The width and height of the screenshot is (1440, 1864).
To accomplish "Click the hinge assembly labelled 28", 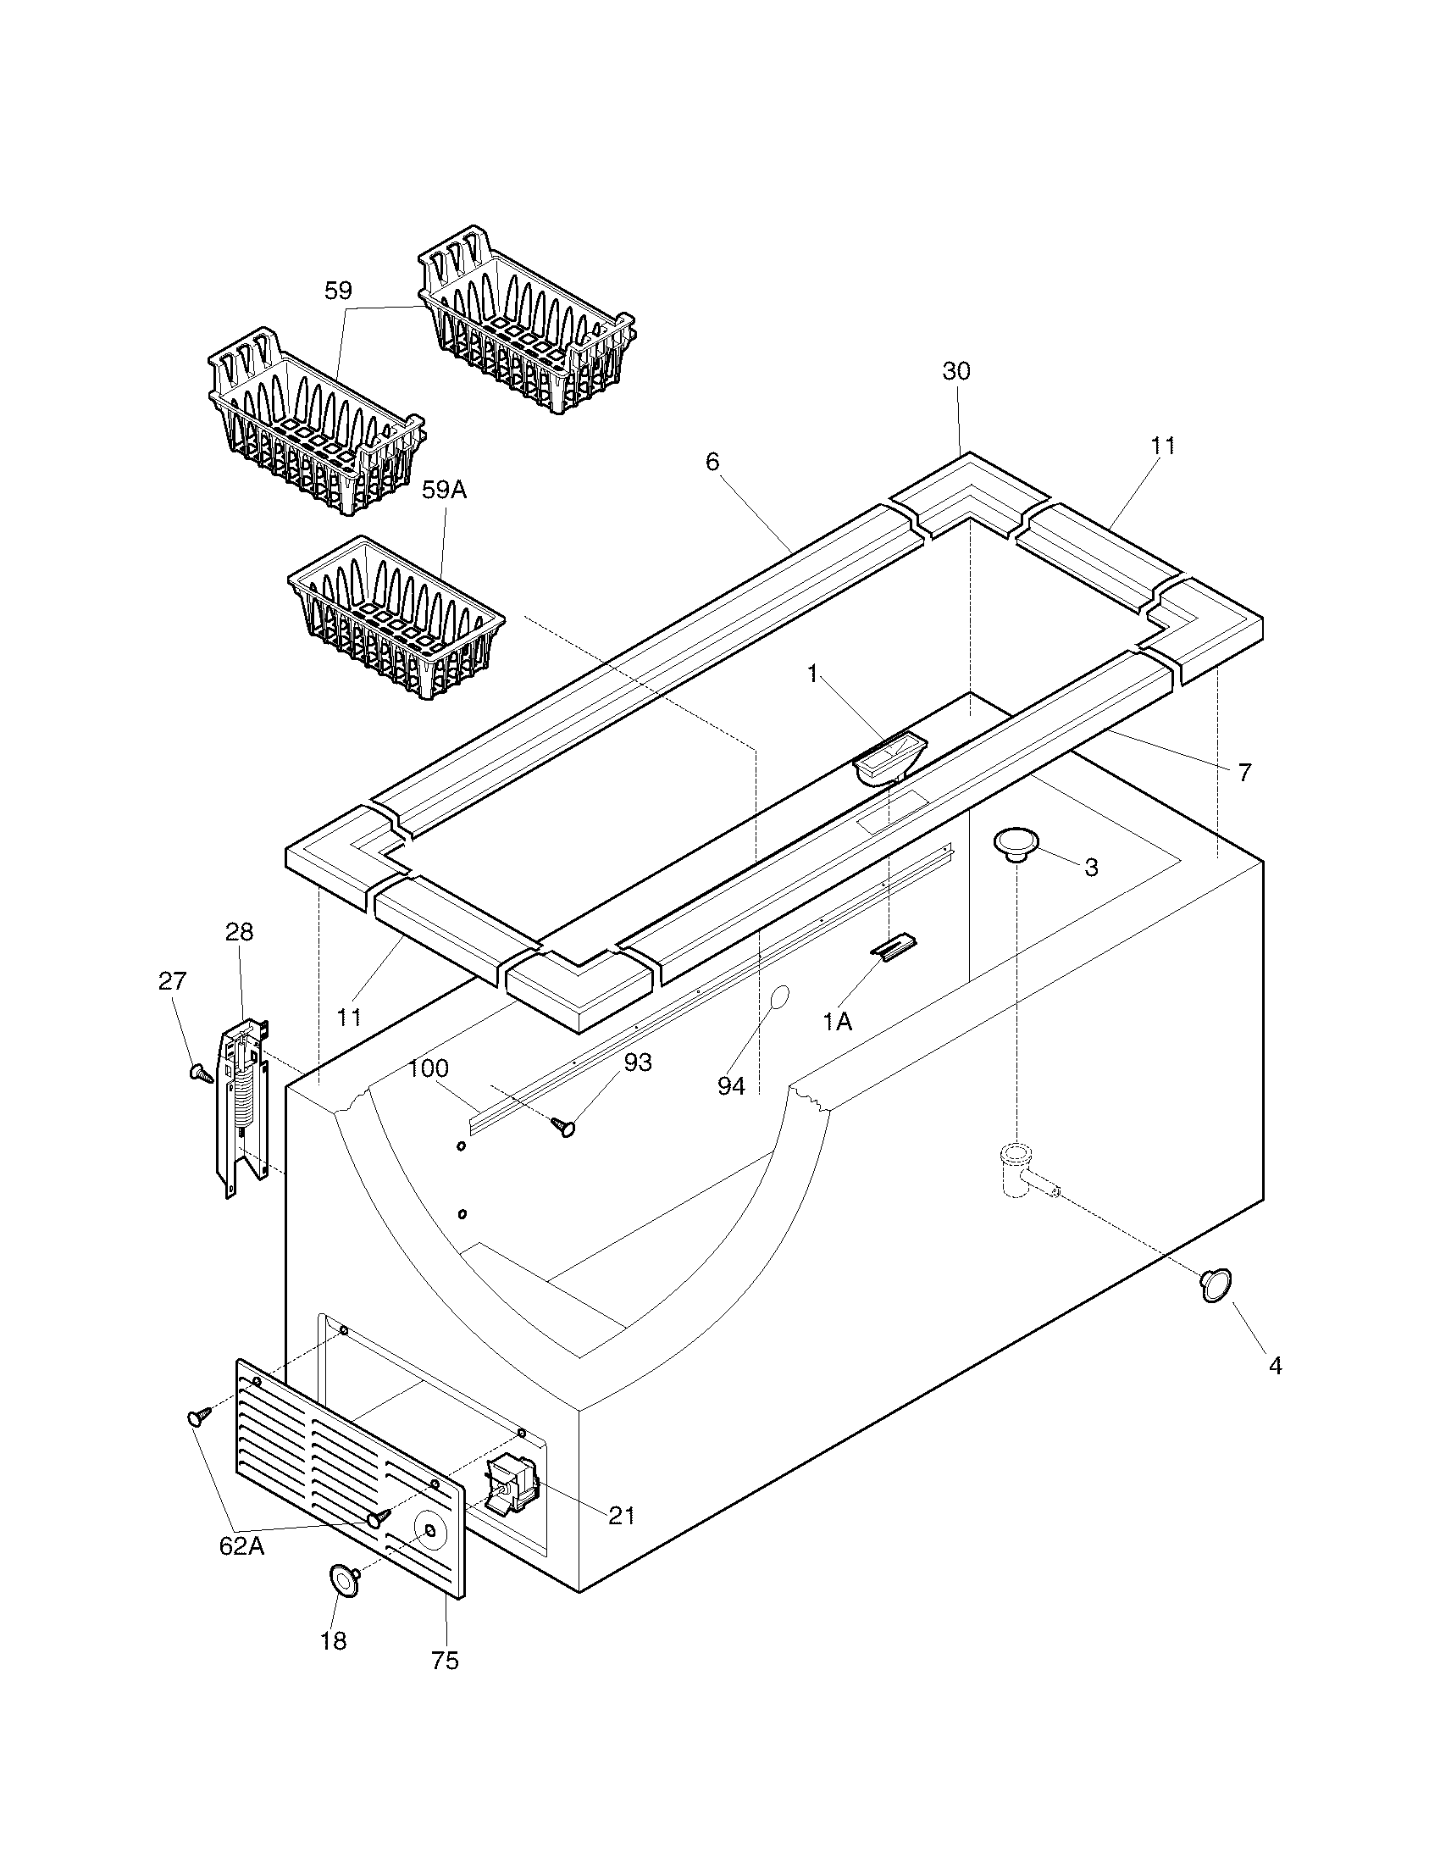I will click(x=244, y=1109).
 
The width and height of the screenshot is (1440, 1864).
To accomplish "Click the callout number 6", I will click(x=712, y=462).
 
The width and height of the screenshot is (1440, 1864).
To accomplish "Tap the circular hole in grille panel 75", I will click(x=432, y=1531).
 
